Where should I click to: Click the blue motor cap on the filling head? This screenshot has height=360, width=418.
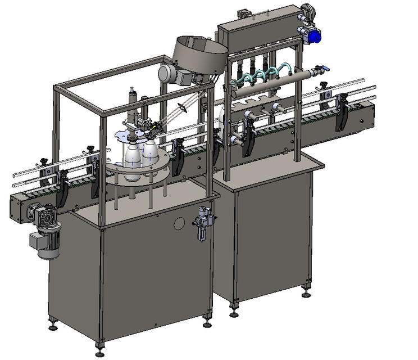click(x=313, y=37)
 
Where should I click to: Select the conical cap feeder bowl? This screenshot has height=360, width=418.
click(x=199, y=55)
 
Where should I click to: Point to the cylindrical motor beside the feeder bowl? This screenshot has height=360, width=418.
click(x=170, y=74)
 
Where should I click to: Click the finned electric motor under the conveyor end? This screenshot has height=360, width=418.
click(x=46, y=243)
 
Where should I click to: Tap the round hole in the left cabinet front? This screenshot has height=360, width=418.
click(x=179, y=223)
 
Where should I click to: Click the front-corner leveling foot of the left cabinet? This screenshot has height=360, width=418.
click(x=100, y=344)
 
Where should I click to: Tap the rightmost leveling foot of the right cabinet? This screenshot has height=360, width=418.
click(x=306, y=293)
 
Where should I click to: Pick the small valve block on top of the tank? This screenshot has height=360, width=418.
click(x=244, y=13)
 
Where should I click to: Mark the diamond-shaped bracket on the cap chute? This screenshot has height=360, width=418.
click(x=183, y=107)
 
